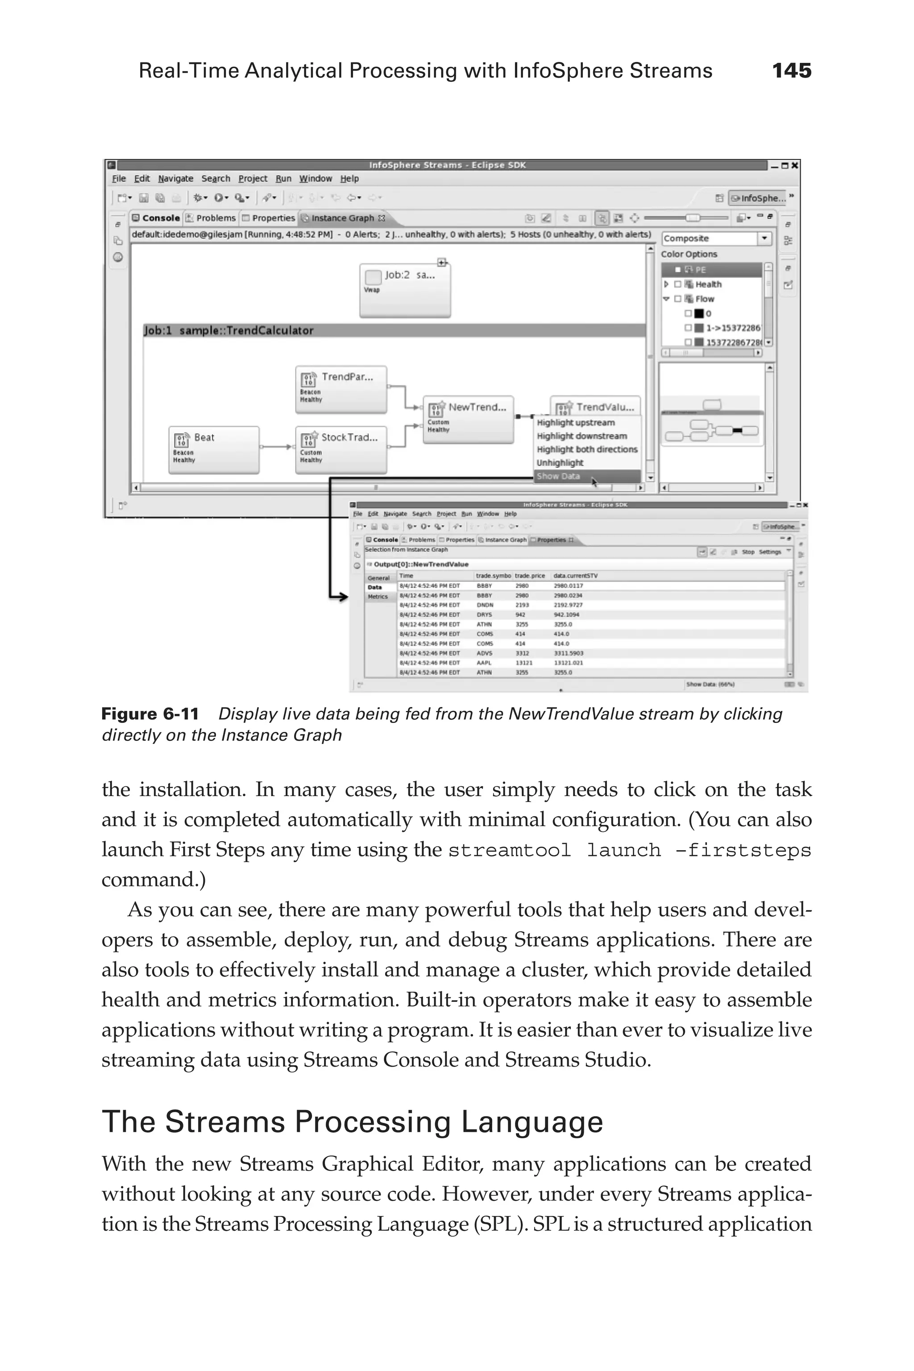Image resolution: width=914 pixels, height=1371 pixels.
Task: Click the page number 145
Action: pyautogui.click(x=791, y=71)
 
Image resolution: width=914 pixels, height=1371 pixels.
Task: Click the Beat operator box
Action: pyautogui.click(x=213, y=449)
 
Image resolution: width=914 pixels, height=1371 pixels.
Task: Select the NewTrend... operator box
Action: pyautogui.click(x=468, y=420)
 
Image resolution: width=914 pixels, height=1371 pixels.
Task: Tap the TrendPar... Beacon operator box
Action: pyautogui.click(x=341, y=389)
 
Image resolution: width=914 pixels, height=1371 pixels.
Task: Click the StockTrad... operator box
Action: pyautogui.click(x=341, y=449)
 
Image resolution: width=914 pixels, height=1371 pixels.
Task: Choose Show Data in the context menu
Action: pyautogui.click(x=558, y=476)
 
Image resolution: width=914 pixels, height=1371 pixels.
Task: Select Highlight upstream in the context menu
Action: pyautogui.click(x=575, y=423)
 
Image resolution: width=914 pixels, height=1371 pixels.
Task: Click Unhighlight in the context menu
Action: pyautogui.click(x=560, y=463)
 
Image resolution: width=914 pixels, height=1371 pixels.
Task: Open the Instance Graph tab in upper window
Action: pyautogui.click(x=343, y=218)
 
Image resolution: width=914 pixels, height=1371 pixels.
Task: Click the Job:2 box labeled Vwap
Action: pyautogui.click(x=404, y=290)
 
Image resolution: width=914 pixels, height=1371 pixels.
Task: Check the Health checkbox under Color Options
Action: pyautogui.click(x=678, y=284)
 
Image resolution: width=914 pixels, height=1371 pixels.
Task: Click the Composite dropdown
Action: pyautogui.click(x=716, y=238)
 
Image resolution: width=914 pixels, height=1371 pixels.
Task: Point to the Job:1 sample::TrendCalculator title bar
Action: pyautogui.click(x=394, y=331)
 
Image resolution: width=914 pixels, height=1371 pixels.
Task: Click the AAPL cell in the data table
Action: pyautogui.click(x=484, y=663)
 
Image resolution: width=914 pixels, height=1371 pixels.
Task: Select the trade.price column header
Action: pyautogui.click(x=529, y=576)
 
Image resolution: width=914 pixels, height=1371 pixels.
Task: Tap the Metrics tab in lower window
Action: pyautogui.click(x=378, y=597)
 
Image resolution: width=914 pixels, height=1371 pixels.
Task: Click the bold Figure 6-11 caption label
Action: pyautogui.click(x=150, y=714)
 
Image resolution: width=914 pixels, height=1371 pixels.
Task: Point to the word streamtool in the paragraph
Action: pyautogui.click(x=509, y=851)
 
